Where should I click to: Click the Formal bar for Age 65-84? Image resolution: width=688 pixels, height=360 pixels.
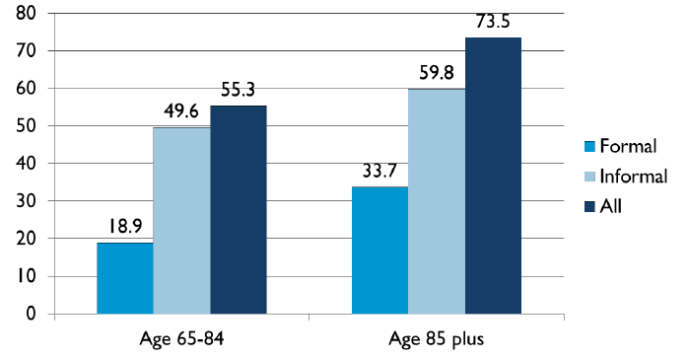[x=125, y=278]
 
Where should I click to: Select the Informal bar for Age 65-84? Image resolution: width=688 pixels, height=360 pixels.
[x=182, y=221]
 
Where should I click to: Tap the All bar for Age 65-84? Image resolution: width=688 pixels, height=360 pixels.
[x=239, y=209]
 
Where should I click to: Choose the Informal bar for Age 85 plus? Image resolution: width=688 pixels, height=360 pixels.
[x=438, y=201]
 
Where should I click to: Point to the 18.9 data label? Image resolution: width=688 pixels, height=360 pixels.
[x=125, y=227]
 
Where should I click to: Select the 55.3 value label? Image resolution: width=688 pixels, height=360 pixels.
[x=240, y=90]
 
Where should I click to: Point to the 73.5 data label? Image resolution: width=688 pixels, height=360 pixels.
[x=495, y=22]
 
